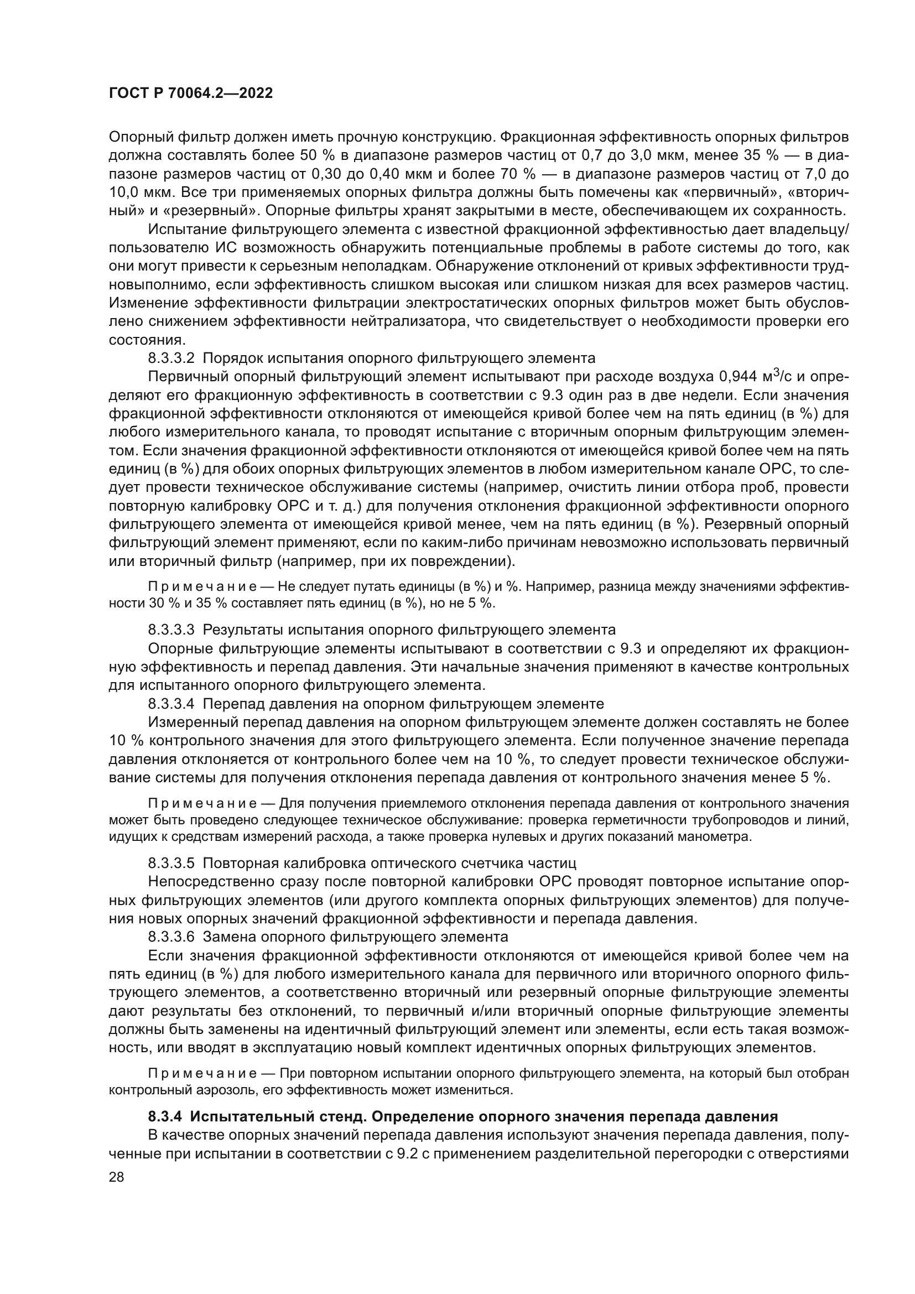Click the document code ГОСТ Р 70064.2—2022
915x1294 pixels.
[190, 93]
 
